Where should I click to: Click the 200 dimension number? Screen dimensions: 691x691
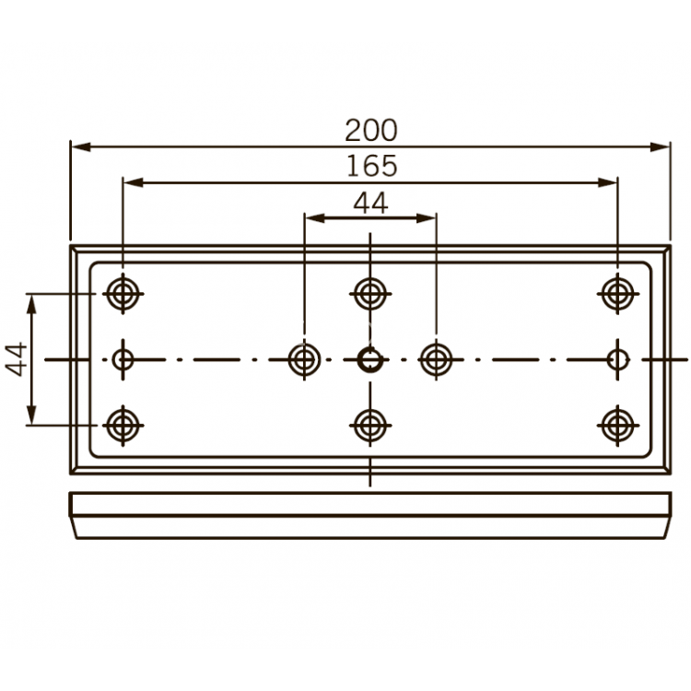[x=370, y=130]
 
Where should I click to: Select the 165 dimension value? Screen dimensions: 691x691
[x=370, y=166]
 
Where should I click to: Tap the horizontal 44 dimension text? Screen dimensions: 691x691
[x=370, y=204]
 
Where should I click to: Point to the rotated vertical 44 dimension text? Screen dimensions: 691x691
[x=16, y=358]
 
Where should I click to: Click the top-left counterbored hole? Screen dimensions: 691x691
[x=122, y=294]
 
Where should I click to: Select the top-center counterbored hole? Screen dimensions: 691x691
[x=369, y=294]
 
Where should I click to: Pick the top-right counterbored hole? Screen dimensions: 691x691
[x=616, y=294]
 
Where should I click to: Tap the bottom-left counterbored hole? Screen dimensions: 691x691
[x=122, y=425]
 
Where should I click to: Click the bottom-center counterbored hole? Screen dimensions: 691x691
[x=369, y=425]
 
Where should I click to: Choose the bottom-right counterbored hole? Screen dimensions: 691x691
[x=616, y=425]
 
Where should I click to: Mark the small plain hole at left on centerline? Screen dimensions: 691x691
[x=123, y=359]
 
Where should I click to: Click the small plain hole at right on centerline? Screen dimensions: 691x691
[x=618, y=359]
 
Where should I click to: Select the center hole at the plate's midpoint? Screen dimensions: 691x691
[x=369, y=359]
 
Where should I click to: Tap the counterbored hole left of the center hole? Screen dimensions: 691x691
[x=303, y=359]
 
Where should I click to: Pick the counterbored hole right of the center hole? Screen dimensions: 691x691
[x=435, y=359]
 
